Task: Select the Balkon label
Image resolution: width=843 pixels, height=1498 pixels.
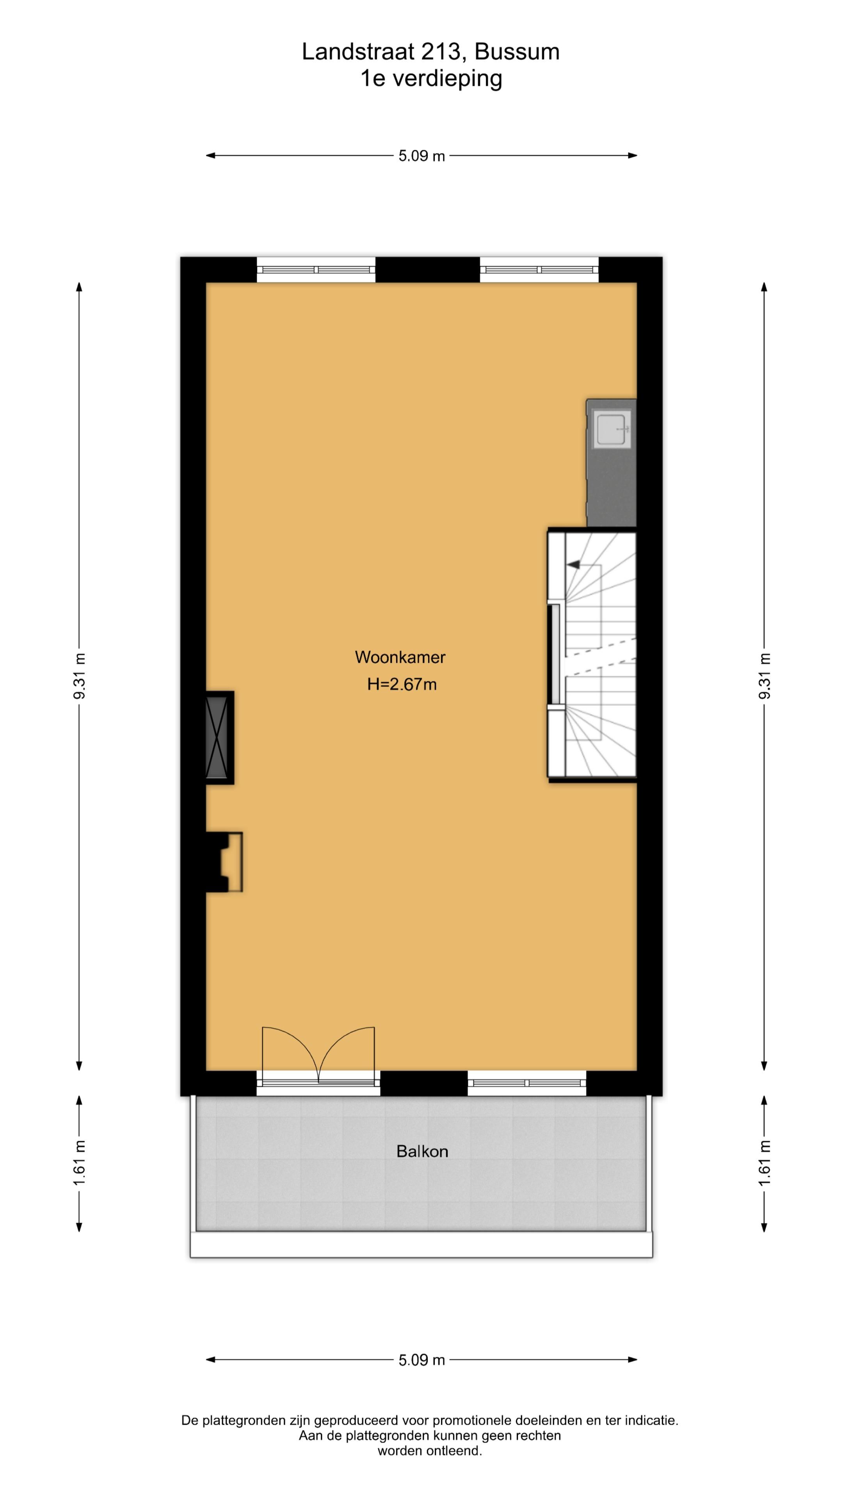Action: click(422, 1152)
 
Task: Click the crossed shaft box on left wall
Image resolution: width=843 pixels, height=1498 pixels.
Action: click(217, 737)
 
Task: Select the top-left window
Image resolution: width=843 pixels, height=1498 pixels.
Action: click(315, 270)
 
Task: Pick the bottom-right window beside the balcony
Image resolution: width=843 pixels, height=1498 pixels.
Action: click(526, 1083)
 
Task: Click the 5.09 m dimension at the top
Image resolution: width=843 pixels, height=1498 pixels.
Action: click(421, 156)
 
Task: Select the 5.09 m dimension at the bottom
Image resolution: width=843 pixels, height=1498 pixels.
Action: click(421, 1360)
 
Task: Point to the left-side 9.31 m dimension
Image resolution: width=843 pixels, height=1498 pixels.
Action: click(80, 676)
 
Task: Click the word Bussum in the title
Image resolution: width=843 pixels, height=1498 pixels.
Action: click(517, 52)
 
